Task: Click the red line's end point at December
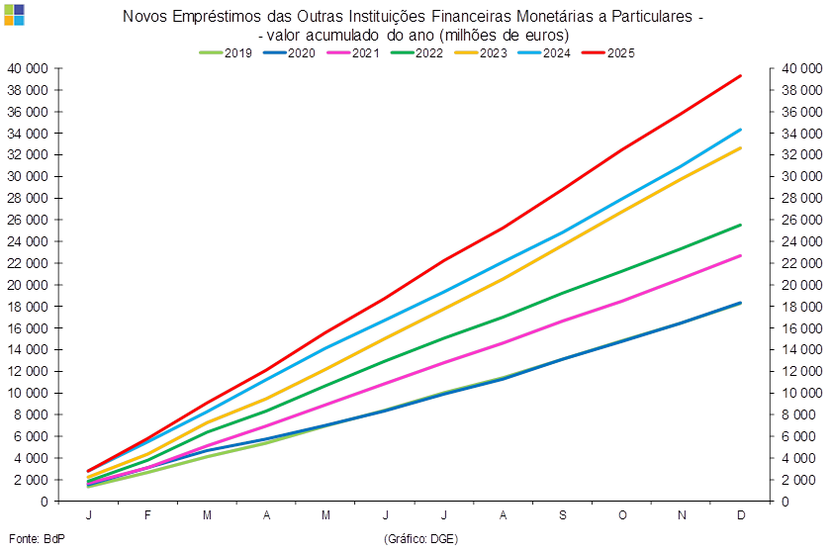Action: (741, 75)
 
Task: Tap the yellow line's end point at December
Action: (741, 147)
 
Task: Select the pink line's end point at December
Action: (741, 255)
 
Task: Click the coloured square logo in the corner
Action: (14, 14)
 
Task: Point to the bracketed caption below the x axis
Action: (420, 538)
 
